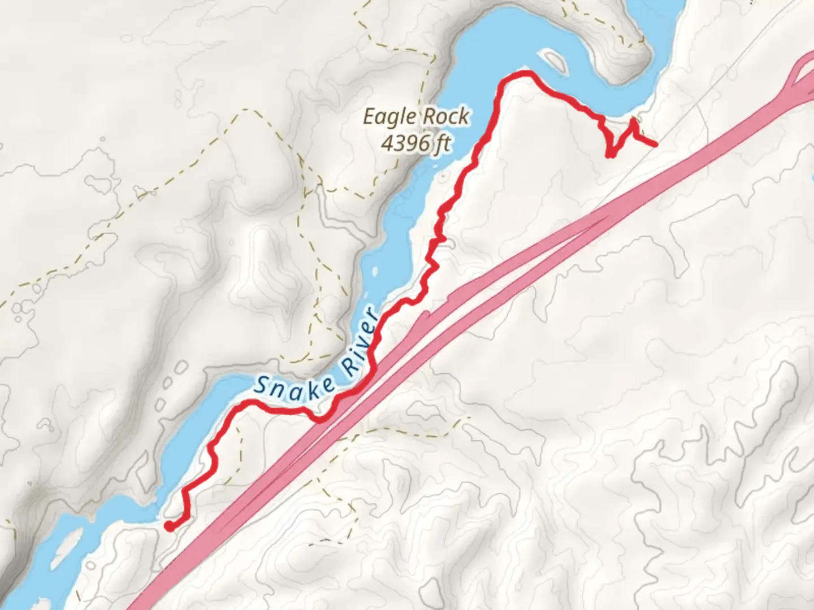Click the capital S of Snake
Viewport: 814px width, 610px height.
[x=261, y=385]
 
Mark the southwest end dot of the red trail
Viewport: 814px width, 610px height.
[x=168, y=526]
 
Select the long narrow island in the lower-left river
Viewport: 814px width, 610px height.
[x=67, y=547]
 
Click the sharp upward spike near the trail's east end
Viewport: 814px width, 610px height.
[x=633, y=120]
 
